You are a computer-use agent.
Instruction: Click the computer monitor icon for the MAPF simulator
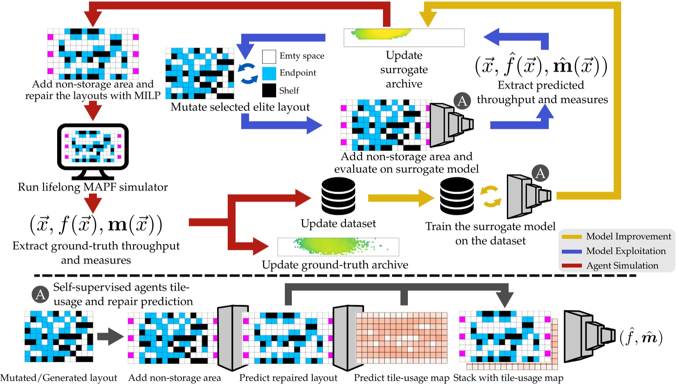tap(93, 148)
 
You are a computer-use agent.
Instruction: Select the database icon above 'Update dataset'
tap(338, 196)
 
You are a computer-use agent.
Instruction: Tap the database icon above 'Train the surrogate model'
tap(457, 196)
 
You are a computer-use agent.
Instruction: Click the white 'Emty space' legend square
tap(269, 57)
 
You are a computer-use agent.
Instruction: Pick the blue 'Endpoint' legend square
tap(269, 73)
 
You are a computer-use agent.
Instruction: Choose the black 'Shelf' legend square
tap(269, 90)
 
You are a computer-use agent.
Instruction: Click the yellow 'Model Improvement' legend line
tap(571, 237)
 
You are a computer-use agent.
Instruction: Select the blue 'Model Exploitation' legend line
tap(571, 251)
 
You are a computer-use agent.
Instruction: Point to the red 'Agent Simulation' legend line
tap(571, 266)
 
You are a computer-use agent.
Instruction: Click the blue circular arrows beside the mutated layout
tap(248, 73)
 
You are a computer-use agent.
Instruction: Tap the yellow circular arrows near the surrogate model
tap(491, 196)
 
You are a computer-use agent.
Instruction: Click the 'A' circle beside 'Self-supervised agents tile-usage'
tap(40, 295)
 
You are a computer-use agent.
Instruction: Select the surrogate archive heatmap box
tap(404, 37)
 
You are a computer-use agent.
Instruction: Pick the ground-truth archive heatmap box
tap(338, 246)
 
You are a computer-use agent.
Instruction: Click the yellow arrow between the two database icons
tap(400, 198)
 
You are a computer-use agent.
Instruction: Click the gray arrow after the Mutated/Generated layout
tap(110, 337)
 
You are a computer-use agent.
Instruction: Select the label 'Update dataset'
tap(338, 224)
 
